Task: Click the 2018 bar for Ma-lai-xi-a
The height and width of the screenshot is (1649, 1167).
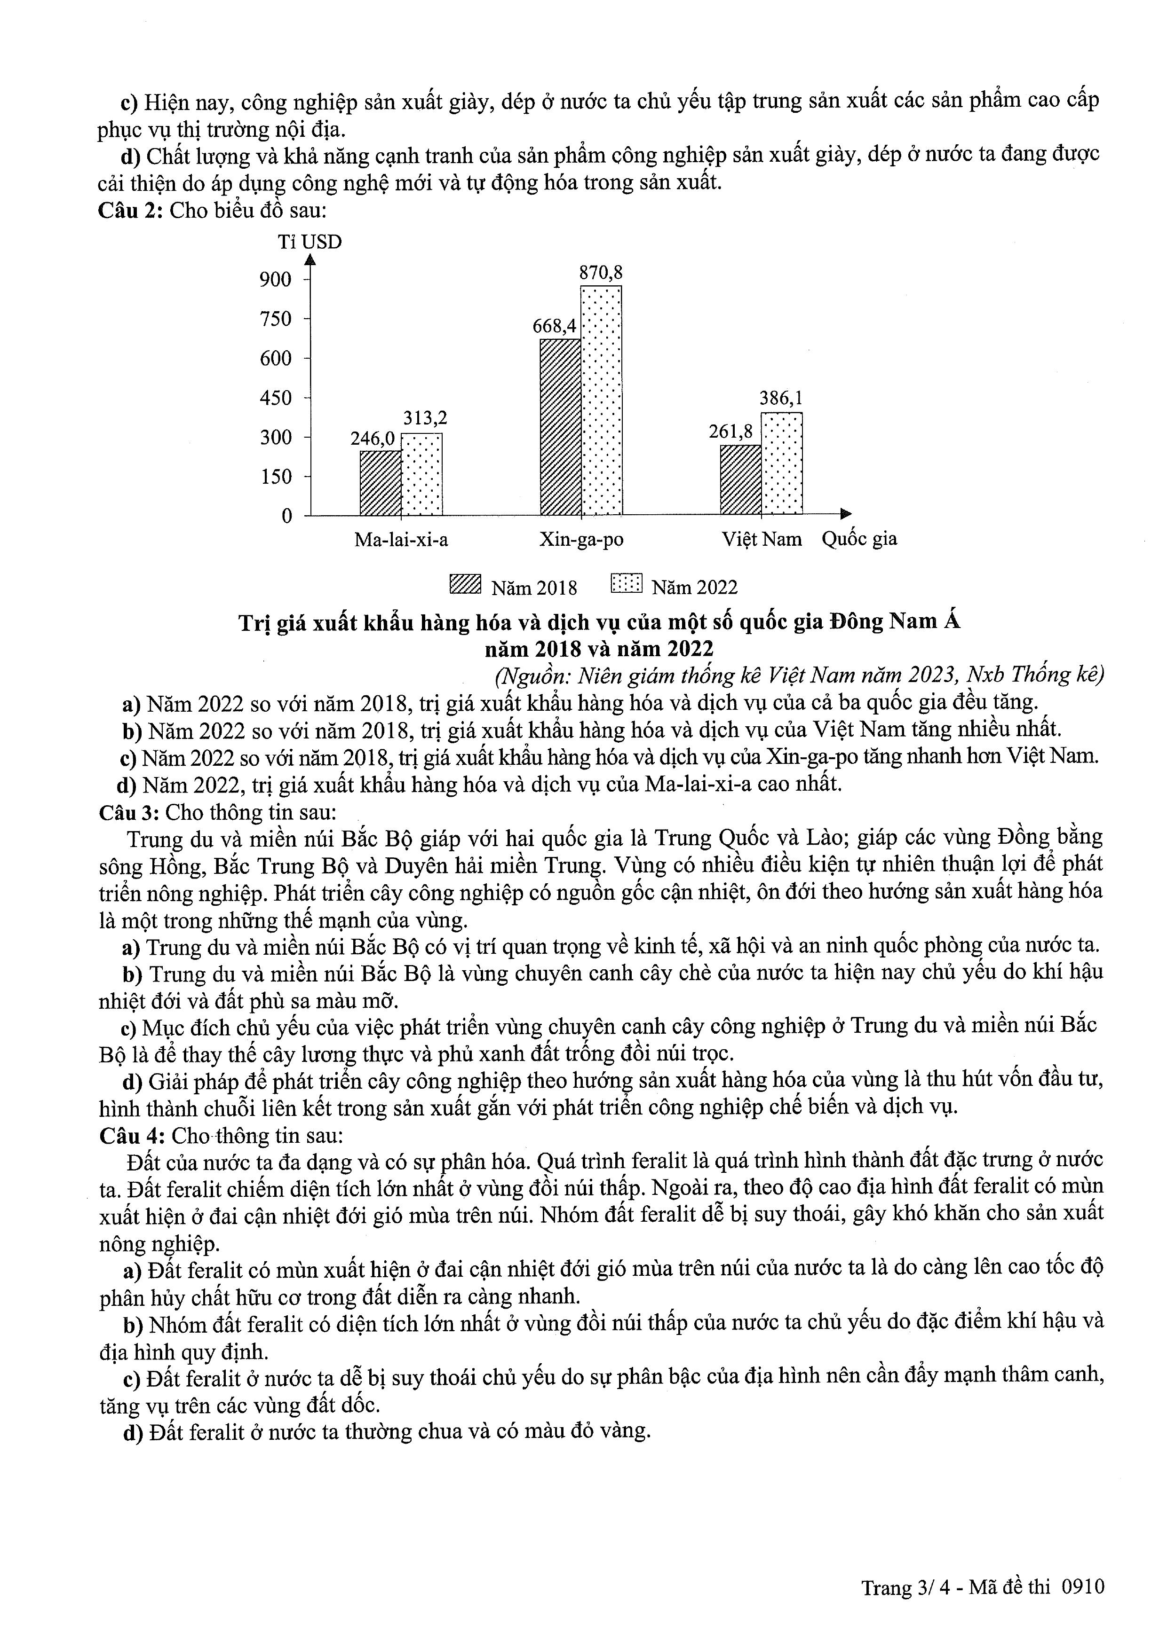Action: click(380, 483)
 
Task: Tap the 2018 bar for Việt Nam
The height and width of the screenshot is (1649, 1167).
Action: click(741, 480)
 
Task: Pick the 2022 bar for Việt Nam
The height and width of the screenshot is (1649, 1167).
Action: click(782, 464)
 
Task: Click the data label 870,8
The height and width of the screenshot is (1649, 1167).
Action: click(602, 273)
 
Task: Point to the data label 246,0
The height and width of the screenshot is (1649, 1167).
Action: click(372, 438)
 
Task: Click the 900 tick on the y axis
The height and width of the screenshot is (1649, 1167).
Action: click(276, 279)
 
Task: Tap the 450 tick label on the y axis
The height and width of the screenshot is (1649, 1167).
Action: click(276, 398)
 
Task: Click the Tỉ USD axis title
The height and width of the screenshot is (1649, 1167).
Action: click(310, 242)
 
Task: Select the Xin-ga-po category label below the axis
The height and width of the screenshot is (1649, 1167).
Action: click(581, 539)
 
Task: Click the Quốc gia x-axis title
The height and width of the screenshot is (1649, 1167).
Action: click(859, 539)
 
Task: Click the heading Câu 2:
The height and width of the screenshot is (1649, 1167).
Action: click(132, 211)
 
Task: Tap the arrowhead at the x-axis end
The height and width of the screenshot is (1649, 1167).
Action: click(847, 514)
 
